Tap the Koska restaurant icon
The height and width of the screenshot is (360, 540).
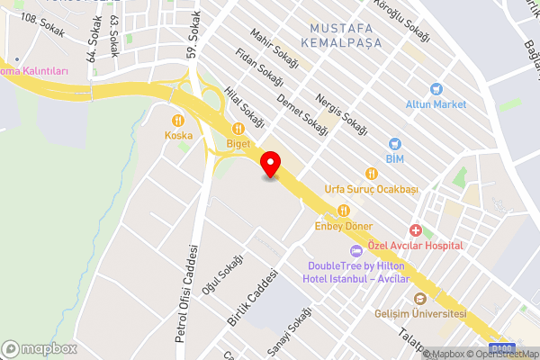[x=178, y=120]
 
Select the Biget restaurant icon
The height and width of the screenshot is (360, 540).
[x=238, y=128]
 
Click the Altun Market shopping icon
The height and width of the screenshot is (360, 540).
[x=436, y=89]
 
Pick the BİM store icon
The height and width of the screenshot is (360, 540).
[x=393, y=144]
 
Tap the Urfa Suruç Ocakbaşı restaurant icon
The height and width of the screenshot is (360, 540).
[x=370, y=173]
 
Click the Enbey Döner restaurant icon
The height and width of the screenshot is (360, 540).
[x=343, y=210]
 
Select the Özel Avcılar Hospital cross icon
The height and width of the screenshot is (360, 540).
[x=415, y=230]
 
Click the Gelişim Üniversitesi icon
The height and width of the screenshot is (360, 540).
[x=419, y=299]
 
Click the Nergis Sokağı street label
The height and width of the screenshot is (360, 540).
[x=343, y=112]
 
